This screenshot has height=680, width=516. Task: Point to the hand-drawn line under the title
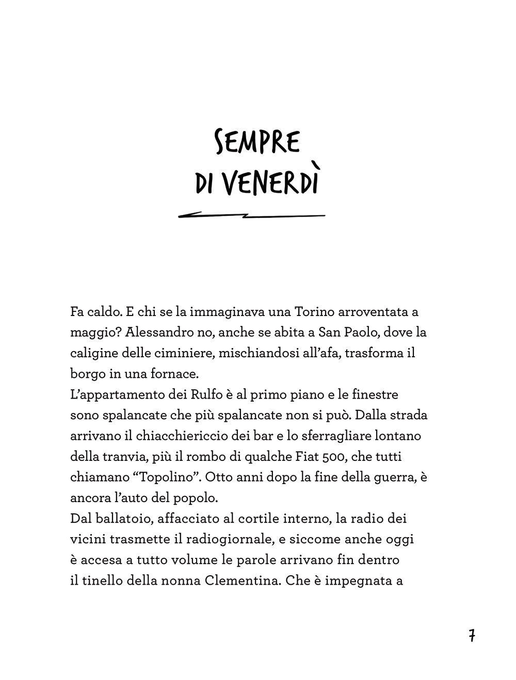click(x=251, y=215)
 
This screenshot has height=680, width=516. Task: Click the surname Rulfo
click(x=227, y=394)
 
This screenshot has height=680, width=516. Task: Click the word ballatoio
click(x=118, y=518)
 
